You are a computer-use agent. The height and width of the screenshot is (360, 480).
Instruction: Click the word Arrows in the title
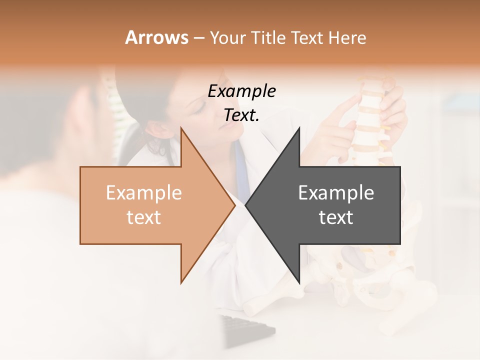click(x=156, y=37)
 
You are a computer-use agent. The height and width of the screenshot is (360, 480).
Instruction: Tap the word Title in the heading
click(x=267, y=38)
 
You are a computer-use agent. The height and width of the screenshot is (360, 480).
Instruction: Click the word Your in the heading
click(x=228, y=38)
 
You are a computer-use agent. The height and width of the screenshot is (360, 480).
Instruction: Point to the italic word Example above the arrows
click(x=241, y=91)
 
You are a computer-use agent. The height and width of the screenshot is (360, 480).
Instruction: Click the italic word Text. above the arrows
click(x=241, y=115)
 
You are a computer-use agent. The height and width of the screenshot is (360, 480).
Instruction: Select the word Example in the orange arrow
click(x=143, y=193)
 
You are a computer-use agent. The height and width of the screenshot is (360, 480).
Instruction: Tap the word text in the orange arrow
click(x=143, y=217)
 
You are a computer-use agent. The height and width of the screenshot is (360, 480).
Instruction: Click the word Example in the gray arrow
click(x=336, y=193)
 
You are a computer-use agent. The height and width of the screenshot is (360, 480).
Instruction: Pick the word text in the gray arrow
click(x=336, y=217)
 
